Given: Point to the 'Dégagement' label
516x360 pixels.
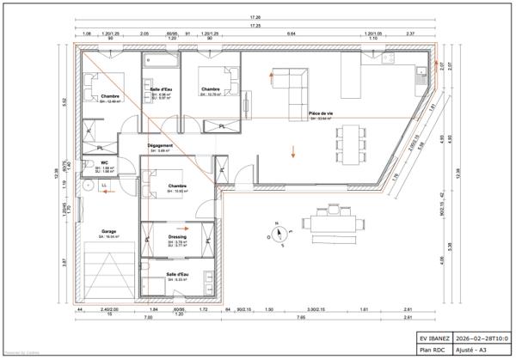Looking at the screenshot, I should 161,145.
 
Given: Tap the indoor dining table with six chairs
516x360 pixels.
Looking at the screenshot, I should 348,141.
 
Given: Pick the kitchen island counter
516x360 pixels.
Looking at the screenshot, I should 350,77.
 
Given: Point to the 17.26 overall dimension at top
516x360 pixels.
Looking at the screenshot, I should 256,17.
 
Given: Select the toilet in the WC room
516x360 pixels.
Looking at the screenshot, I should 89,167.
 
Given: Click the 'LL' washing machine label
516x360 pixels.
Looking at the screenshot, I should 104,184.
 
